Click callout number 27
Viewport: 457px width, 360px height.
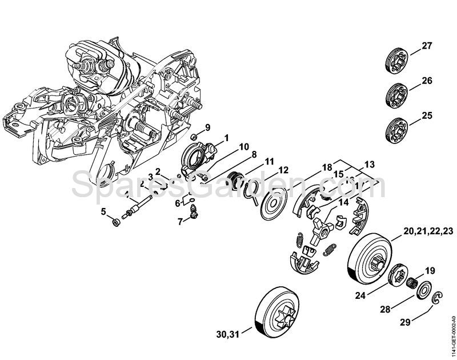coord(427,45)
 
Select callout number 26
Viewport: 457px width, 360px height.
coord(427,81)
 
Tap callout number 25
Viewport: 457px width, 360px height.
coord(427,115)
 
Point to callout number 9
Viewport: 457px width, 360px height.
coord(208,127)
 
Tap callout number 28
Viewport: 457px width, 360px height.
coord(386,309)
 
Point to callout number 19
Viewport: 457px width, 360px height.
coord(430,271)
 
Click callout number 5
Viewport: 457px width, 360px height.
coord(104,212)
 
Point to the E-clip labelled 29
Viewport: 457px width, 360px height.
coord(438,298)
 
